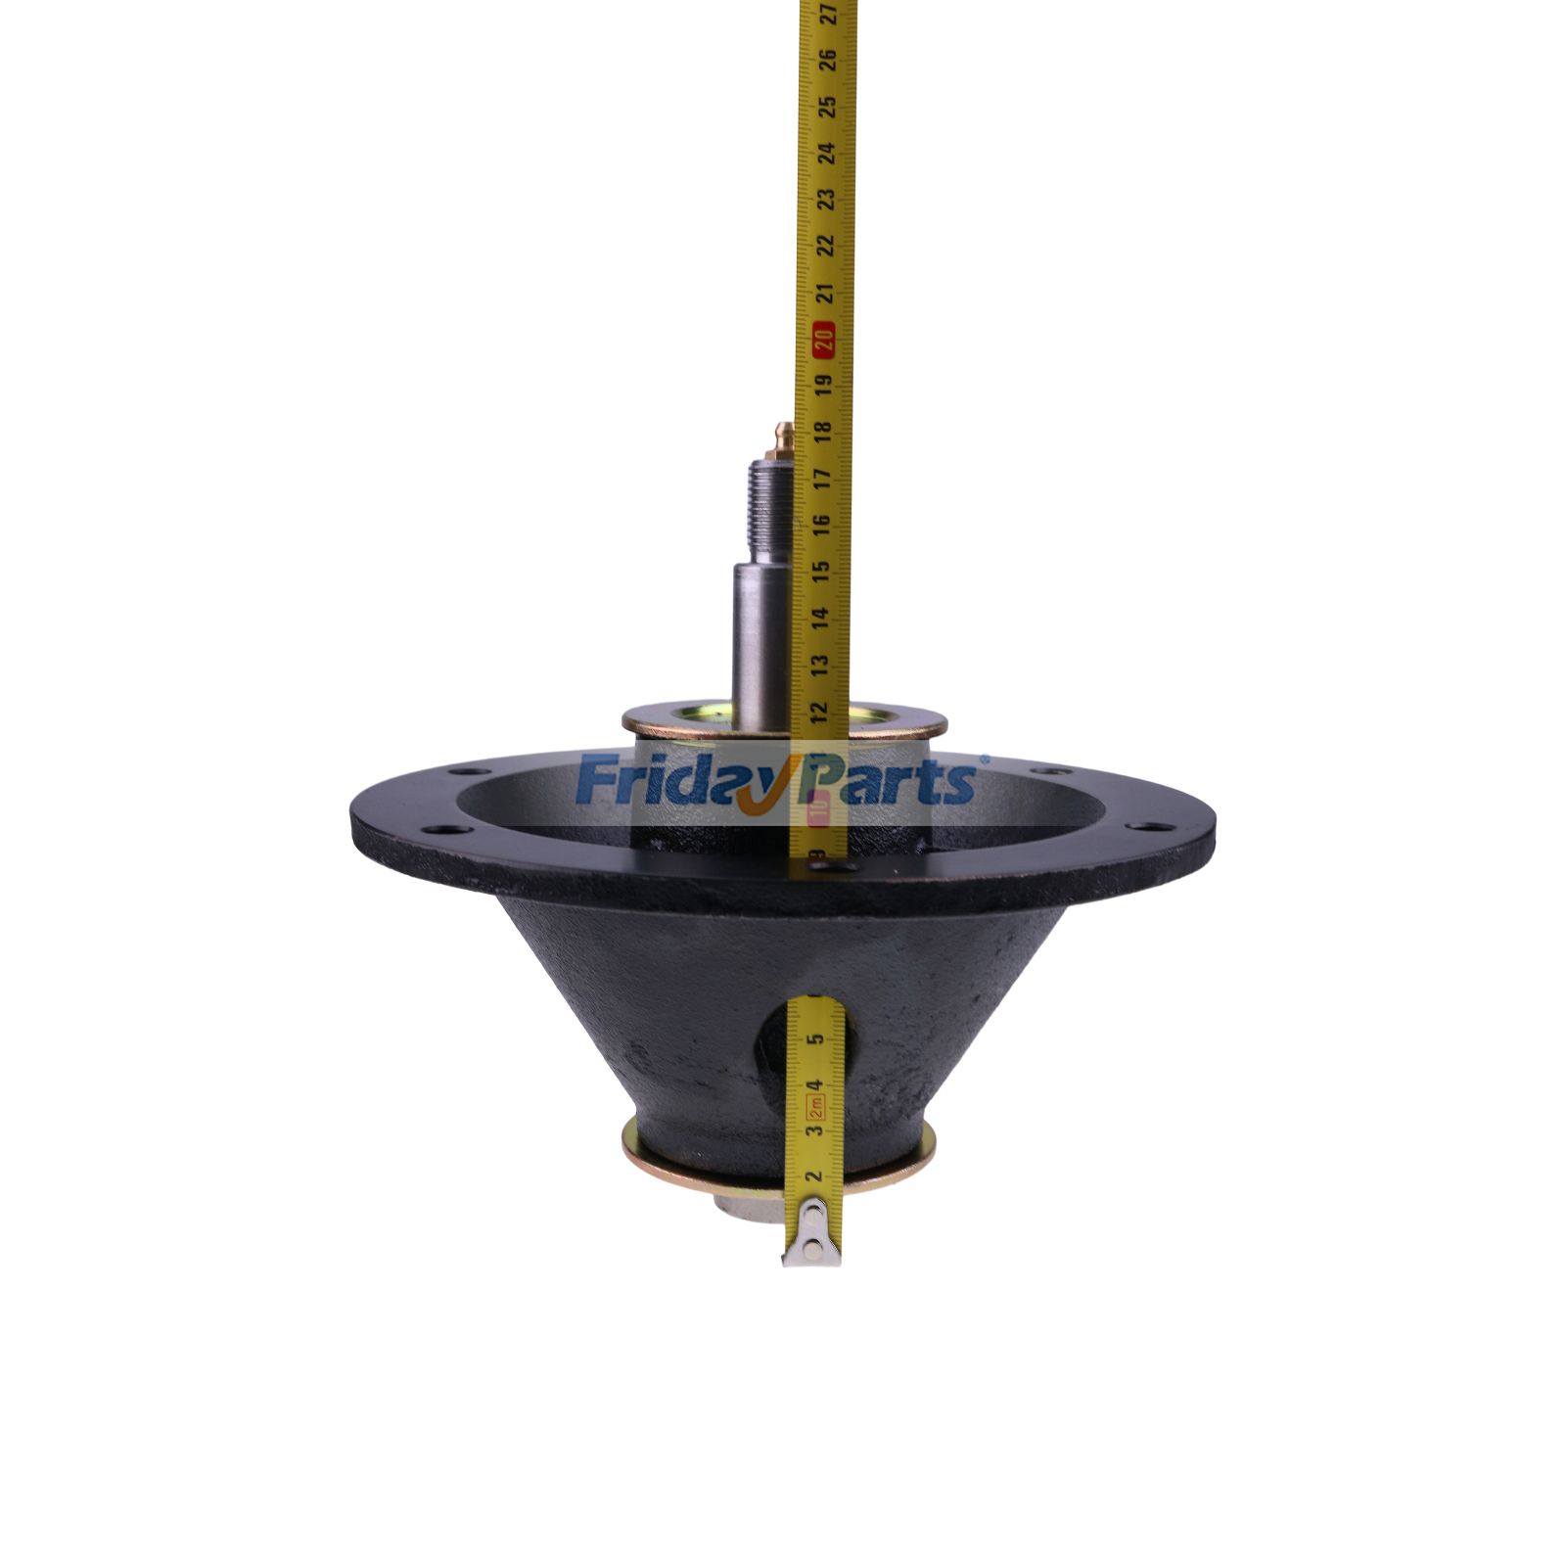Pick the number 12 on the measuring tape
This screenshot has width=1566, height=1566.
819,708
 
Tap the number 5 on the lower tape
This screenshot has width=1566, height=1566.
814,1039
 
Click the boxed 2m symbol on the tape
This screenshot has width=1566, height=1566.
812,1108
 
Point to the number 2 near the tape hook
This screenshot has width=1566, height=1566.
811,1176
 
